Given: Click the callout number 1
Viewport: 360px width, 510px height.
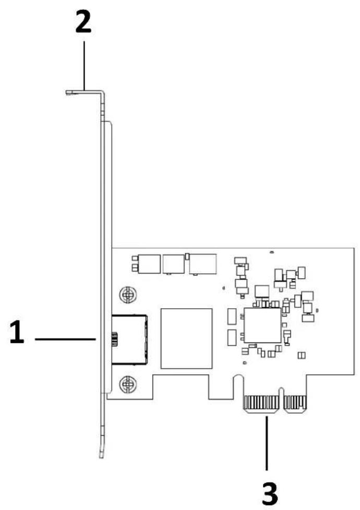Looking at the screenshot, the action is pyautogui.click(x=17, y=332).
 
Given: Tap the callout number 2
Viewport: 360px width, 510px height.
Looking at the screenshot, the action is pyautogui.click(x=83, y=21).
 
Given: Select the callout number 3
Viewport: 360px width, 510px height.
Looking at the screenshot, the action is pyautogui.click(x=270, y=493).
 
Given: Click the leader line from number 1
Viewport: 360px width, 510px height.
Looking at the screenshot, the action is pyautogui.click(x=65, y=339).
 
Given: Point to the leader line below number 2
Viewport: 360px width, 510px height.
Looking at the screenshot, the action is pyautogui.click(x=85, y=65).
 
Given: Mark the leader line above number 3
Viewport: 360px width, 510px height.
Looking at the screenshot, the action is pyautogui.click(x=267, y=443).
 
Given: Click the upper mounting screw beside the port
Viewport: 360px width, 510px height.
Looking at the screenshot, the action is pyautogui.click(x=127, y=295).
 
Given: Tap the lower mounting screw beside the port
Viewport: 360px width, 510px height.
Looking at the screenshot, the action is pyautogui.click(x=127, y=384).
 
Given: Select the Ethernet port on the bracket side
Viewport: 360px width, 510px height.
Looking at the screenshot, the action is pyautogui.click(x=129, y=339).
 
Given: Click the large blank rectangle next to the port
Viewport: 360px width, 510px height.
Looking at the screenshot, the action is pyautogui.click(x=186, y=338).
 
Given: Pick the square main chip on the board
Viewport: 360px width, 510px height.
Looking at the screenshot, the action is pyautogui.click(x=262, y=325).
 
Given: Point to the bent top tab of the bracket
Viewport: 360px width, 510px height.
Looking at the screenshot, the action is pyautogui.click(x=85, y=92).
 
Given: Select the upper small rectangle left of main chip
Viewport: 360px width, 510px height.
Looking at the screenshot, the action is pyautogui.click(x=232, y=317).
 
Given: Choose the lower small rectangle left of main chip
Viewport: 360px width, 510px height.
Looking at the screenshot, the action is pyautogui.click(x=232, y=337).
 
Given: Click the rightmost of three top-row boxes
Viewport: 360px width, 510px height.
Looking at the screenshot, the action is pyautogui.click(x=203, y=264).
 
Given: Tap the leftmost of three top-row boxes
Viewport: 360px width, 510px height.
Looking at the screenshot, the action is pyautogui.click(x=149, y=264).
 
